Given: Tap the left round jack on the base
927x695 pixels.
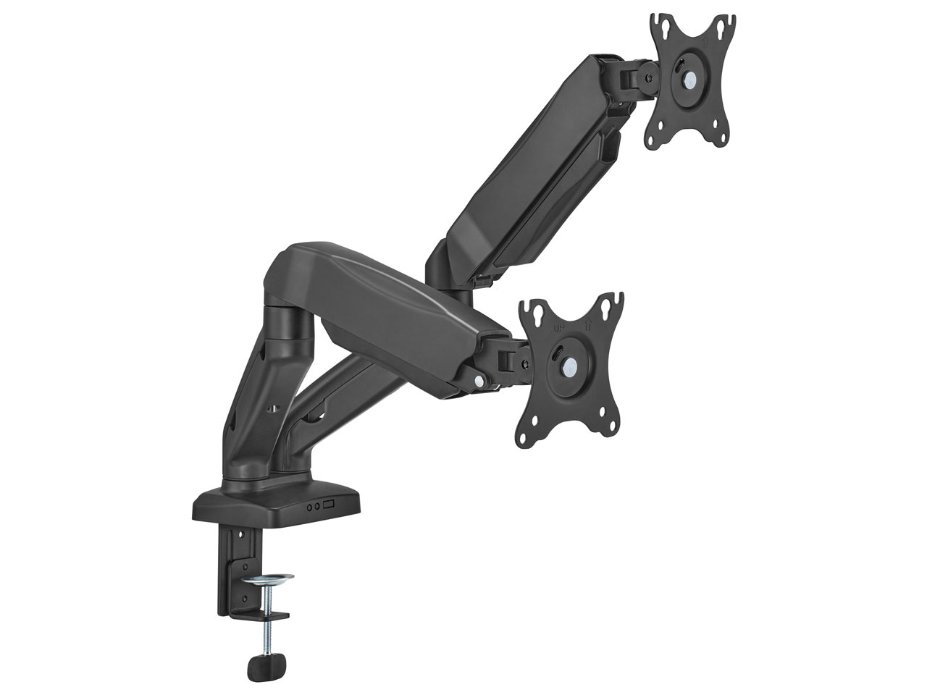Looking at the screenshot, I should point(309,507).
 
